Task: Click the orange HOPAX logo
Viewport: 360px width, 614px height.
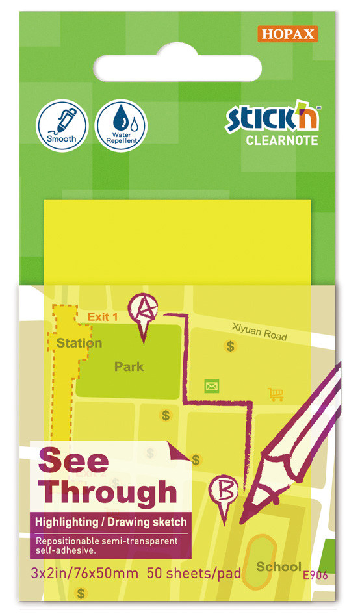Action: pyautogui.click(x=287, y=34)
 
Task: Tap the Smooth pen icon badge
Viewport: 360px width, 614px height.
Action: pyautogui.click(x=60, y=126)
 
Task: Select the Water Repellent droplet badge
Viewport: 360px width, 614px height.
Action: pyautogui.click(x=121, y=126)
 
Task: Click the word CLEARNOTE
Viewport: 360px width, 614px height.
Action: pyautogui.click(x=281, y=140)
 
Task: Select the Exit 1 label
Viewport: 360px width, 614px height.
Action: pyautogui.click(x=102, y=317)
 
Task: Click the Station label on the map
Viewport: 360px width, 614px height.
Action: pyautogui.click(x=79, y=342)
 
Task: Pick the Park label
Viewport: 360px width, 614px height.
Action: pyautogui.click(x=129, y=366)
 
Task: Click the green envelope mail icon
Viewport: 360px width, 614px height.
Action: pyautogui.click(x=211, y=387)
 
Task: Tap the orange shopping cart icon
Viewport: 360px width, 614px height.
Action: pyautogui.click(x=276, y=394)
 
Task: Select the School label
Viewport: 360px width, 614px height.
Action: pyautogui.click(x=278, y=567)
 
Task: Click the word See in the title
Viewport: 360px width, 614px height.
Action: pyautogui.click(x=73, y=461)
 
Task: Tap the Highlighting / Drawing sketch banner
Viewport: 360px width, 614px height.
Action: pyautogui.click(x=110, y=522)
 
